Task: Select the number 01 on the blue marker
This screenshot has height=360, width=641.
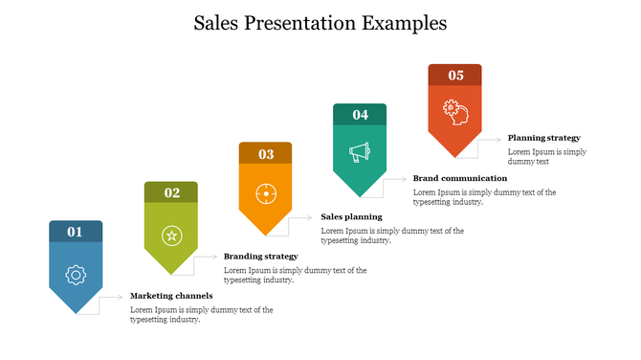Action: (x=76, y=232)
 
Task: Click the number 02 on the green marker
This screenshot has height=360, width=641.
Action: (x=171, y=192)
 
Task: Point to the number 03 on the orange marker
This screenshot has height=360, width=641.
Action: (x=266, y=153)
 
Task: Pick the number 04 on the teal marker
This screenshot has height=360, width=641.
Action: (x=360, y=115)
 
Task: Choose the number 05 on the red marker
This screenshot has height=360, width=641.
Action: (x=455, y=75)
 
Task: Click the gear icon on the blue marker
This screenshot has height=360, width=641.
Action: (x=76, y=275)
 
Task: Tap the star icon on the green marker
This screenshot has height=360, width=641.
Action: (x=171, y=235)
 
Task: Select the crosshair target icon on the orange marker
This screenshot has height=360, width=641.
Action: (x=266, y=194)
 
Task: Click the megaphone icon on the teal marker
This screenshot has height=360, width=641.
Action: (x=360, y=151)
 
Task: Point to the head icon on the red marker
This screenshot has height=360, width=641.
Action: (x=455, y=111)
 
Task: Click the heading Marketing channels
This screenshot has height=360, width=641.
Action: (x=171, y=296)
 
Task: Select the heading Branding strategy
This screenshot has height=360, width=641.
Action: (x=260, y=257)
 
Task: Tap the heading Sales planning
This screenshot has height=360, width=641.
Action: (x=351, y=216)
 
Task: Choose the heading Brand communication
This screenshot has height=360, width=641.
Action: (x=460, y=178)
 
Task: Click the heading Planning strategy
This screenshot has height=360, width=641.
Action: (x=543, y=138)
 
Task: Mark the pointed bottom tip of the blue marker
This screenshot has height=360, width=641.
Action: (x=76, y=312)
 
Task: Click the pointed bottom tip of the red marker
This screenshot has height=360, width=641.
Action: (x=455, y=156)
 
